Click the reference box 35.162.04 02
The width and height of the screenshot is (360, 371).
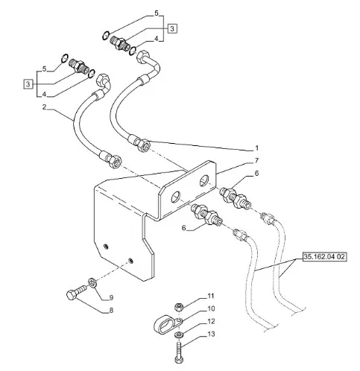click(324, 256)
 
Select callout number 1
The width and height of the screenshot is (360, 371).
click(256, 148)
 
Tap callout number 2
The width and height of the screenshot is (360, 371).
click(44, 107)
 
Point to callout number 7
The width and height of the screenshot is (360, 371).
click(256, 161)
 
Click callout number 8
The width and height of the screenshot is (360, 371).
click(111, 311)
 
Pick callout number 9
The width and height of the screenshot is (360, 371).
click(111, 297)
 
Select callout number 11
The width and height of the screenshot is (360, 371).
click(211, 296)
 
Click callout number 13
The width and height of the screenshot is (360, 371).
click(211, 334)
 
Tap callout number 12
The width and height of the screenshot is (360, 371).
click(211, 322)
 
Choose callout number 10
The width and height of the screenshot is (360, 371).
click(211, 308)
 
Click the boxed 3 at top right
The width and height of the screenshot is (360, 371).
click(172, 28)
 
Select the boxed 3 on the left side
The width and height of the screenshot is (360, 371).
click(28, 84)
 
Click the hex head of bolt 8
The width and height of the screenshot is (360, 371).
click(71, 296)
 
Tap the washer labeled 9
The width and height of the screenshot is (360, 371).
click(92, 283)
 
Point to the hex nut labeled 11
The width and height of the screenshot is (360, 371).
click(178, 307)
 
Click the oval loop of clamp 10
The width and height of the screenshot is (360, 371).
click(162, 323)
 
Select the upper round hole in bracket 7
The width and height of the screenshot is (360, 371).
click(204, 180)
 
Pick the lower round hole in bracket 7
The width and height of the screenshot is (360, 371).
click(175, 197)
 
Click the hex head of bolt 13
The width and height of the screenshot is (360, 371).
click(179, 359)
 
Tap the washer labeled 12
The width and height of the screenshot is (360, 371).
click(179, 334)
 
